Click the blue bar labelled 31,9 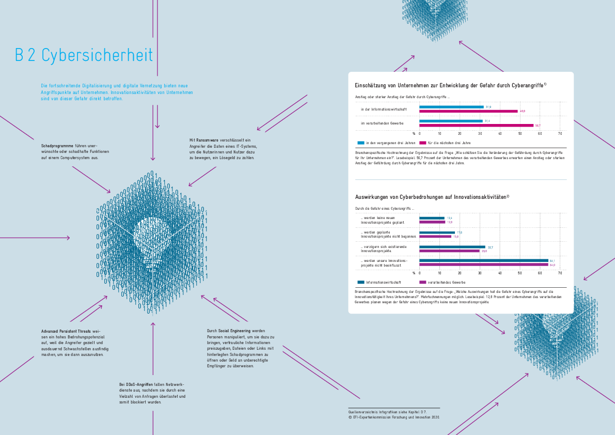[451, 107]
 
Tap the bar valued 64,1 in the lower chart [483, 260]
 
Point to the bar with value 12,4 [432, 218]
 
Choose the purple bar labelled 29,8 [449, 251]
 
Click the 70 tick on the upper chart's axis [560, 133]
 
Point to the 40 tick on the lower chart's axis [500, 273]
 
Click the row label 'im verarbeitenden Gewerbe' [382, 123]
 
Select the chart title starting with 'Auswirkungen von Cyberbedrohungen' [432, 197]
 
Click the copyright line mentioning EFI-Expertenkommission [393, 417]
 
